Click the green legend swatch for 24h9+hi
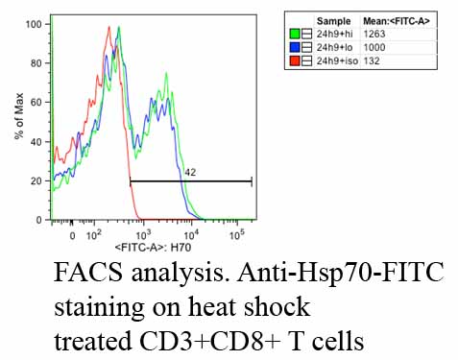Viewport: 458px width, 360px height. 295,34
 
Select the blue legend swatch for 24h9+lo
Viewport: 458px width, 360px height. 295,47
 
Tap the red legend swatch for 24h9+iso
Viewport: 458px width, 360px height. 295,60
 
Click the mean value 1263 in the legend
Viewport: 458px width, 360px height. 374,34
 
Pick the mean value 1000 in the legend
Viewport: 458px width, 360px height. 374,47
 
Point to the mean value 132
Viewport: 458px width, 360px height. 372,60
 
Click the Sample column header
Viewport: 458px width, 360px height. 334,21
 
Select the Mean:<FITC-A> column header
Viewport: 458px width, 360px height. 397,21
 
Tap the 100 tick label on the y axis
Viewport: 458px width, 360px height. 34,24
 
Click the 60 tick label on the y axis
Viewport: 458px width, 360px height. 36,103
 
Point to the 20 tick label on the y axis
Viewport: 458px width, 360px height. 36,181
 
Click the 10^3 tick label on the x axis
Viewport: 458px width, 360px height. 143,235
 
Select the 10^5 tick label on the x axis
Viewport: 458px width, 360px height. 237,235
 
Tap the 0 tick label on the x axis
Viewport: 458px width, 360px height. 73,236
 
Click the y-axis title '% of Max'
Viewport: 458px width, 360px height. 19,116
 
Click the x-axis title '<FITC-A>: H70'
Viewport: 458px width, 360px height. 153,248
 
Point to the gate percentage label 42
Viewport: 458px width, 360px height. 190,173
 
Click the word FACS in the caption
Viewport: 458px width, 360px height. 88,272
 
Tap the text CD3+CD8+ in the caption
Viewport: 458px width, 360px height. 210,341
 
